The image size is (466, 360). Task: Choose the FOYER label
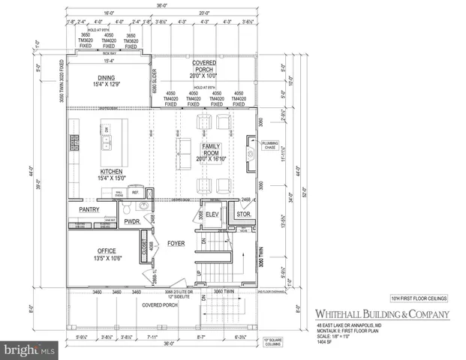tap(176, 243)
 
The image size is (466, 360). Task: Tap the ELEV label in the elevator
tap(212, 214)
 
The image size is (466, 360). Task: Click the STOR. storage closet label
tap(242, 214)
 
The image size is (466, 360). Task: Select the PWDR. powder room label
tap(133, 222)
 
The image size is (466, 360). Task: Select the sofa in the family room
tap(182, 144)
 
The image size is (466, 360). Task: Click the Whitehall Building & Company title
tap(376, 313)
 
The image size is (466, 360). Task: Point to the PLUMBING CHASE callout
tap(270, 145)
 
